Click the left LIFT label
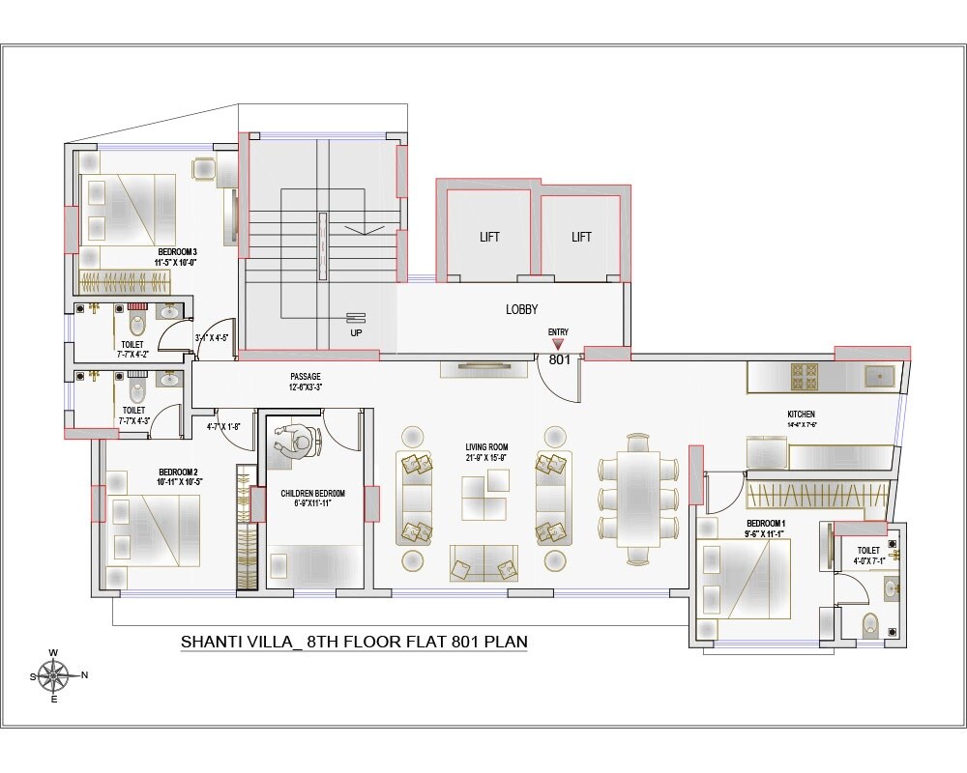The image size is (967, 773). coord(489,237)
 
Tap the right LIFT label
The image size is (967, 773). coord(580,237)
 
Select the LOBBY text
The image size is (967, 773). coord(521,309)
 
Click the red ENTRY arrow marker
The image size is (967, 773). coord(558,342)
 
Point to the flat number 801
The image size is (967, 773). coord(559,359)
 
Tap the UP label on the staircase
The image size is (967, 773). coord(356,332)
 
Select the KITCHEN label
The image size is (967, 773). coord(802,414)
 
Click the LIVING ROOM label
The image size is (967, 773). coord(486,446)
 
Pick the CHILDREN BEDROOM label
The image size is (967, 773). coord(312,493)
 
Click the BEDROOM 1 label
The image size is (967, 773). coord(737,522)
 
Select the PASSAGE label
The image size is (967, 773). coord(305,377)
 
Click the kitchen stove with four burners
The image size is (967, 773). coord(806,376)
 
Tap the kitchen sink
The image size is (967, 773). coord(880,376)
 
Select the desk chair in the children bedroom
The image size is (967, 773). coord(300,444)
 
